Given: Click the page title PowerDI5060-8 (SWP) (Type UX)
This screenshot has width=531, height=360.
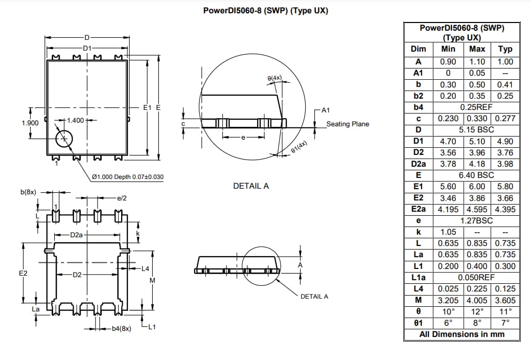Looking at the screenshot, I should pos(265,11).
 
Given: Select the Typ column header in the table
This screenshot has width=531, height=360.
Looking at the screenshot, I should pos(504,49).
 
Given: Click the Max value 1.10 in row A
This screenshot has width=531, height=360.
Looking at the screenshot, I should pos(477,61).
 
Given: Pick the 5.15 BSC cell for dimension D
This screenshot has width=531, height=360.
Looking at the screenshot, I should pos(476,129).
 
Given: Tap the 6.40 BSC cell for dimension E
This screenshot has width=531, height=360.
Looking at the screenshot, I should pos(476,175).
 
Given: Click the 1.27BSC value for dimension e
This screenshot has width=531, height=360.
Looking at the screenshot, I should pos(476,220).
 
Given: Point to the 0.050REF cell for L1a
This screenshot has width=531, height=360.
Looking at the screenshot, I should pos(476,277).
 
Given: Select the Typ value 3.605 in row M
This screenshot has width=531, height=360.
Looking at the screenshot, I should pos(504,300).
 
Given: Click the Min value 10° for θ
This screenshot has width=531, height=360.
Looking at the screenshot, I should pos(448,311).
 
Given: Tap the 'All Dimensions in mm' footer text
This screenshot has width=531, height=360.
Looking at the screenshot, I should pos(461,334).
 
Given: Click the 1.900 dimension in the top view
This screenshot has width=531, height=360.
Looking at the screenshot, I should pos(31,123).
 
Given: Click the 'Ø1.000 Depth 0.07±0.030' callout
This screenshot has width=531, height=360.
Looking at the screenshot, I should pos(128,177).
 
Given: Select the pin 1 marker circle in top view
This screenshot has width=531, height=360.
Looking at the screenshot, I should pos(64,139).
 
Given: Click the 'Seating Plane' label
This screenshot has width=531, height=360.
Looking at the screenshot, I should pos(348,124).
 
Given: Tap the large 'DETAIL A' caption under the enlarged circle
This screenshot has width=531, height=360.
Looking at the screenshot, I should pos(251,186).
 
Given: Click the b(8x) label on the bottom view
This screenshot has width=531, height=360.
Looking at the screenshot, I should pos(28,192).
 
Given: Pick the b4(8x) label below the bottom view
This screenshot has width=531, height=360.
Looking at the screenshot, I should pos(121,328).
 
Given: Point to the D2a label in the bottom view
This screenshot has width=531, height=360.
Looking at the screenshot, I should pos(76,235).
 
